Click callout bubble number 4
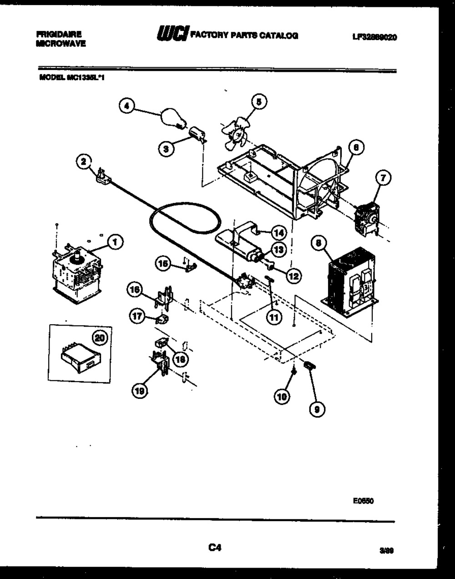click(126, 106)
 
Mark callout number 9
click(317, 409)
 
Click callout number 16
click(135, 290)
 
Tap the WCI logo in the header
click(172, 35)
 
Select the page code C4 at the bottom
click(215, 548)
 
